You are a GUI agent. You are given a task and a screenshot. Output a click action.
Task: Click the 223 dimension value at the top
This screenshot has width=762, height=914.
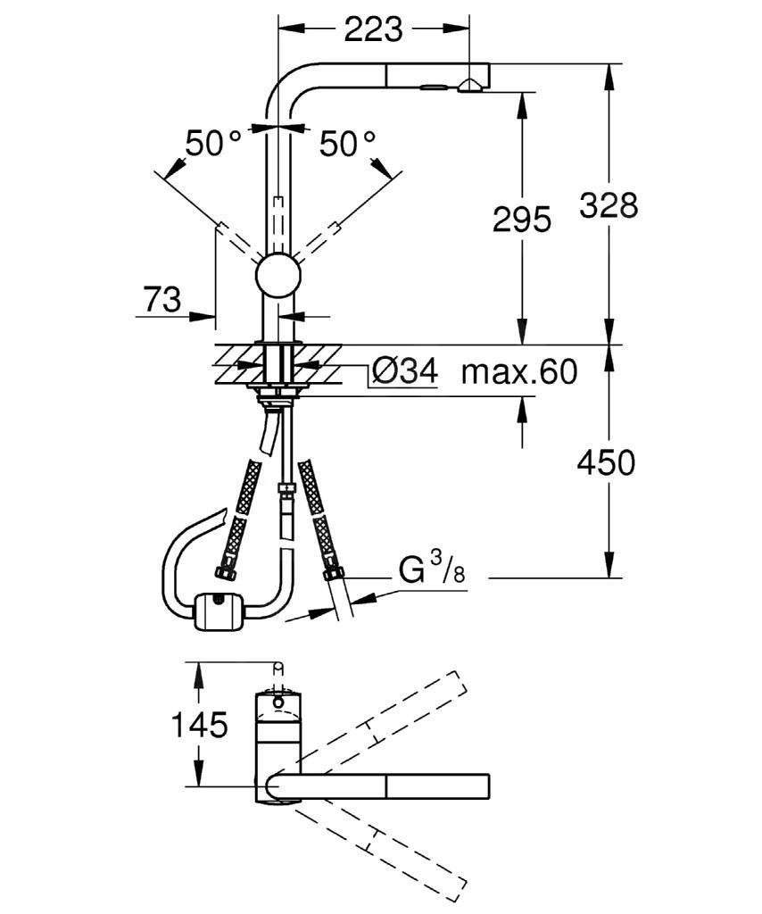point(374,29)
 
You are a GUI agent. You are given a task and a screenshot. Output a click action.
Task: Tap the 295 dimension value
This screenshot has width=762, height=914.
point(522,220)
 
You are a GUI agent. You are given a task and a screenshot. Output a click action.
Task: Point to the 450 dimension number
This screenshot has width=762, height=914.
point(606,462)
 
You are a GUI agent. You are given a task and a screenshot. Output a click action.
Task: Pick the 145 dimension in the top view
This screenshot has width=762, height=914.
point(197,725)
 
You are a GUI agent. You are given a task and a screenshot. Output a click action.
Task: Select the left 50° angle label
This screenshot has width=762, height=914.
point(212,143)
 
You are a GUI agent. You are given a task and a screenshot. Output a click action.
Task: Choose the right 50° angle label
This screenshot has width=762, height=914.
point(347,143)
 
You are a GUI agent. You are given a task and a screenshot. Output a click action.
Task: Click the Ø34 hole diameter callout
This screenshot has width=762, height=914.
point(404,370)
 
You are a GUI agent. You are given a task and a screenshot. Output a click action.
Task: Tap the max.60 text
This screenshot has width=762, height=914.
point(518,370)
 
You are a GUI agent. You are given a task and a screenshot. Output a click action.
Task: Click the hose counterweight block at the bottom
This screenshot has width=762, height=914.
point(217,611)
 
